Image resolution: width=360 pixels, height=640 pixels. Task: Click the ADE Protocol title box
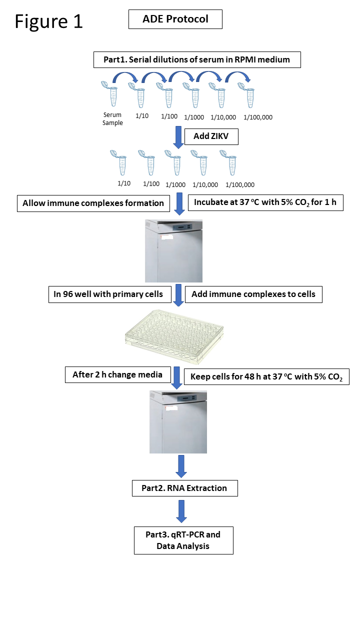click(175, 19)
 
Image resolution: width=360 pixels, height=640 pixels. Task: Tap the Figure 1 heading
click(48, 21)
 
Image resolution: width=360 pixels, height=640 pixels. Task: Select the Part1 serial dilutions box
click(196, 60)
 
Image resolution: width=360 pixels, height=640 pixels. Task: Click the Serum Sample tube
click(111, 94)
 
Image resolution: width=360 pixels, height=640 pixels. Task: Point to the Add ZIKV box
click(211, 136)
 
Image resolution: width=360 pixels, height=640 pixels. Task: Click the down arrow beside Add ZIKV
click(178, 137)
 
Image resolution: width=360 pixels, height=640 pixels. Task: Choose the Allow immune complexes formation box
click(93, 203)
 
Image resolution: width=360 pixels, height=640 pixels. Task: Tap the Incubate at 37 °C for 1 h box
click(265, 203)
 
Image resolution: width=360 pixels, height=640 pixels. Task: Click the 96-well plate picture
click(174, 336)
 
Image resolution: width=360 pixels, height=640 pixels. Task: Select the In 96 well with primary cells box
click(108, 294)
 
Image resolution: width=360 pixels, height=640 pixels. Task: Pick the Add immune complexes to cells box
click(253, 294)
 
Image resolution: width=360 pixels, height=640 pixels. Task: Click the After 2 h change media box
click(117, 374)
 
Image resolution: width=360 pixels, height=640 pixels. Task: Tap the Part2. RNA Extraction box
click(184, 488)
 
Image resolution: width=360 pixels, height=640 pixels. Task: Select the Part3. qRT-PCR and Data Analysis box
click(183, 540)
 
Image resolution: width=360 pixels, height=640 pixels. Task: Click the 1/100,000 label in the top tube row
click(258, 117)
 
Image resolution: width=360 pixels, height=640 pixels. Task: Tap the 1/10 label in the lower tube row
click(124, 183)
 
